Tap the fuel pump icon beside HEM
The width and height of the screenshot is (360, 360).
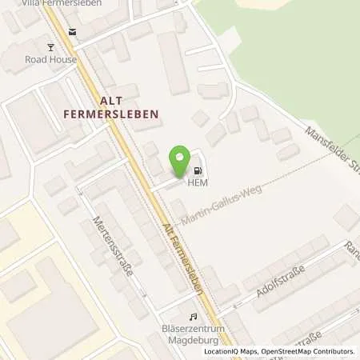click(197, 170)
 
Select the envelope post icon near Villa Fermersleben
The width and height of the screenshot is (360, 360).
click(74, 32)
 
